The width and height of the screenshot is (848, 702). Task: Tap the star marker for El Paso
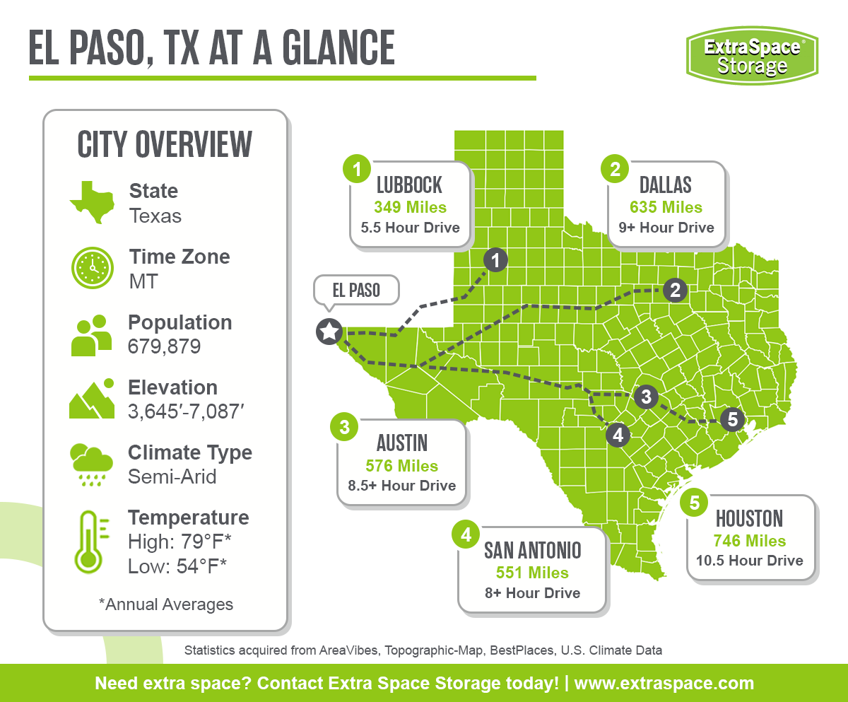click(329, 331)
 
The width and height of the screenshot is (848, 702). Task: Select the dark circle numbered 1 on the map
click(495, 260)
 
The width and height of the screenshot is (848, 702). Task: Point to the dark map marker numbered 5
click(732, 419)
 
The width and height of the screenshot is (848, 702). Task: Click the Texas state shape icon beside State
click(92, 201)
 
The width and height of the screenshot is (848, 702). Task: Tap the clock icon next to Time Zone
click(92, 267)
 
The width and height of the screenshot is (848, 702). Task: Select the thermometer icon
click(90, 541)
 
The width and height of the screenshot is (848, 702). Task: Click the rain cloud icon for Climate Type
click(91, 464)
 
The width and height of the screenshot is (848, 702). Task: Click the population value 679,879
click(164, 347)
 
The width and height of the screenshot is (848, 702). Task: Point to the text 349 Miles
click(411, 207)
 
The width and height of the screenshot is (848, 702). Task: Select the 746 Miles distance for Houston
click(750, 541)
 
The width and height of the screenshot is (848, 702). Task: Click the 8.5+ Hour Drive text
click(402, 486)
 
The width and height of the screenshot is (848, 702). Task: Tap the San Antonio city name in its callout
click(532, 551)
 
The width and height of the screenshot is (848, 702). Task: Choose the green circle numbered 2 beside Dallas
click(615, 169)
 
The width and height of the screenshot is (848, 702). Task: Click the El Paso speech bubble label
click(356, 291)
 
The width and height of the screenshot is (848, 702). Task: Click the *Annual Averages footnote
click(165, 604)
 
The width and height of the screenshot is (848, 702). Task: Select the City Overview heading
click(165, 144)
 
